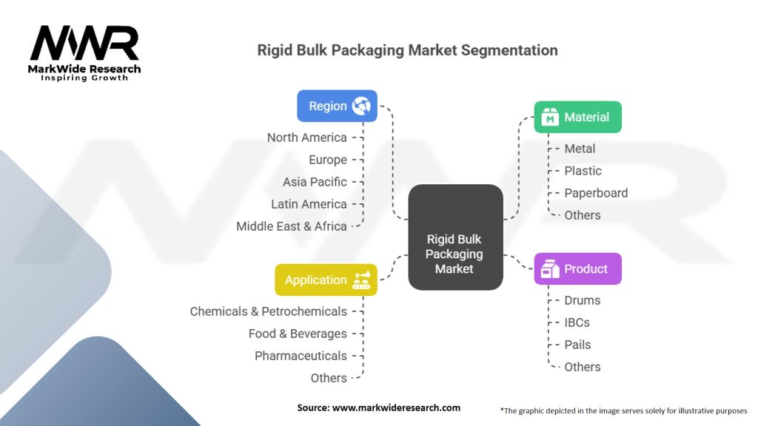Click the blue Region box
pyautogui.click(x=337, y=106)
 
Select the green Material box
pyautogui.click(x=577, y=117)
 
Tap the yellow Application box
pyautogui.click(x=326, y=280)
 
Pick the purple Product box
pyautogui.click(x=577, y=268)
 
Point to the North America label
pyautogui.click(x=306, y=138)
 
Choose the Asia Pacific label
pyautogui.click(x=315, y=182)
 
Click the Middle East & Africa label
pyautogui.click(x=292, y=226)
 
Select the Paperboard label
pyautogui.click(x=596, y=193)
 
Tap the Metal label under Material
pyautogui.click(x=580, y=149)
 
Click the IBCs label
pyautogui.click(x=577, y=322)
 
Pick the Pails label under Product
pyautogui.click(x=577, y=345)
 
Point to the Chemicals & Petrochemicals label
pyautogui.click(x=268, y=311)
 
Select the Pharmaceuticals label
pyautogui.click(x=301, y=356)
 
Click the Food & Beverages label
pyautogui.click(x=298, y=334)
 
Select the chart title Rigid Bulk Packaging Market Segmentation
pyautogui.click(x=407, y=50)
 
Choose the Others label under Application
pyautogui.click(x=329, y=378)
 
